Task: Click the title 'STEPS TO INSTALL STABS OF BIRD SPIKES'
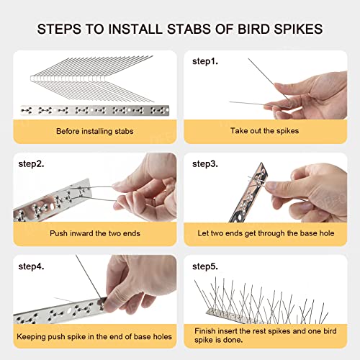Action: point(179,30)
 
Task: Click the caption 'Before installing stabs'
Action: point(94,131)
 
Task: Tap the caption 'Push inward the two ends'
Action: point(94,233)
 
